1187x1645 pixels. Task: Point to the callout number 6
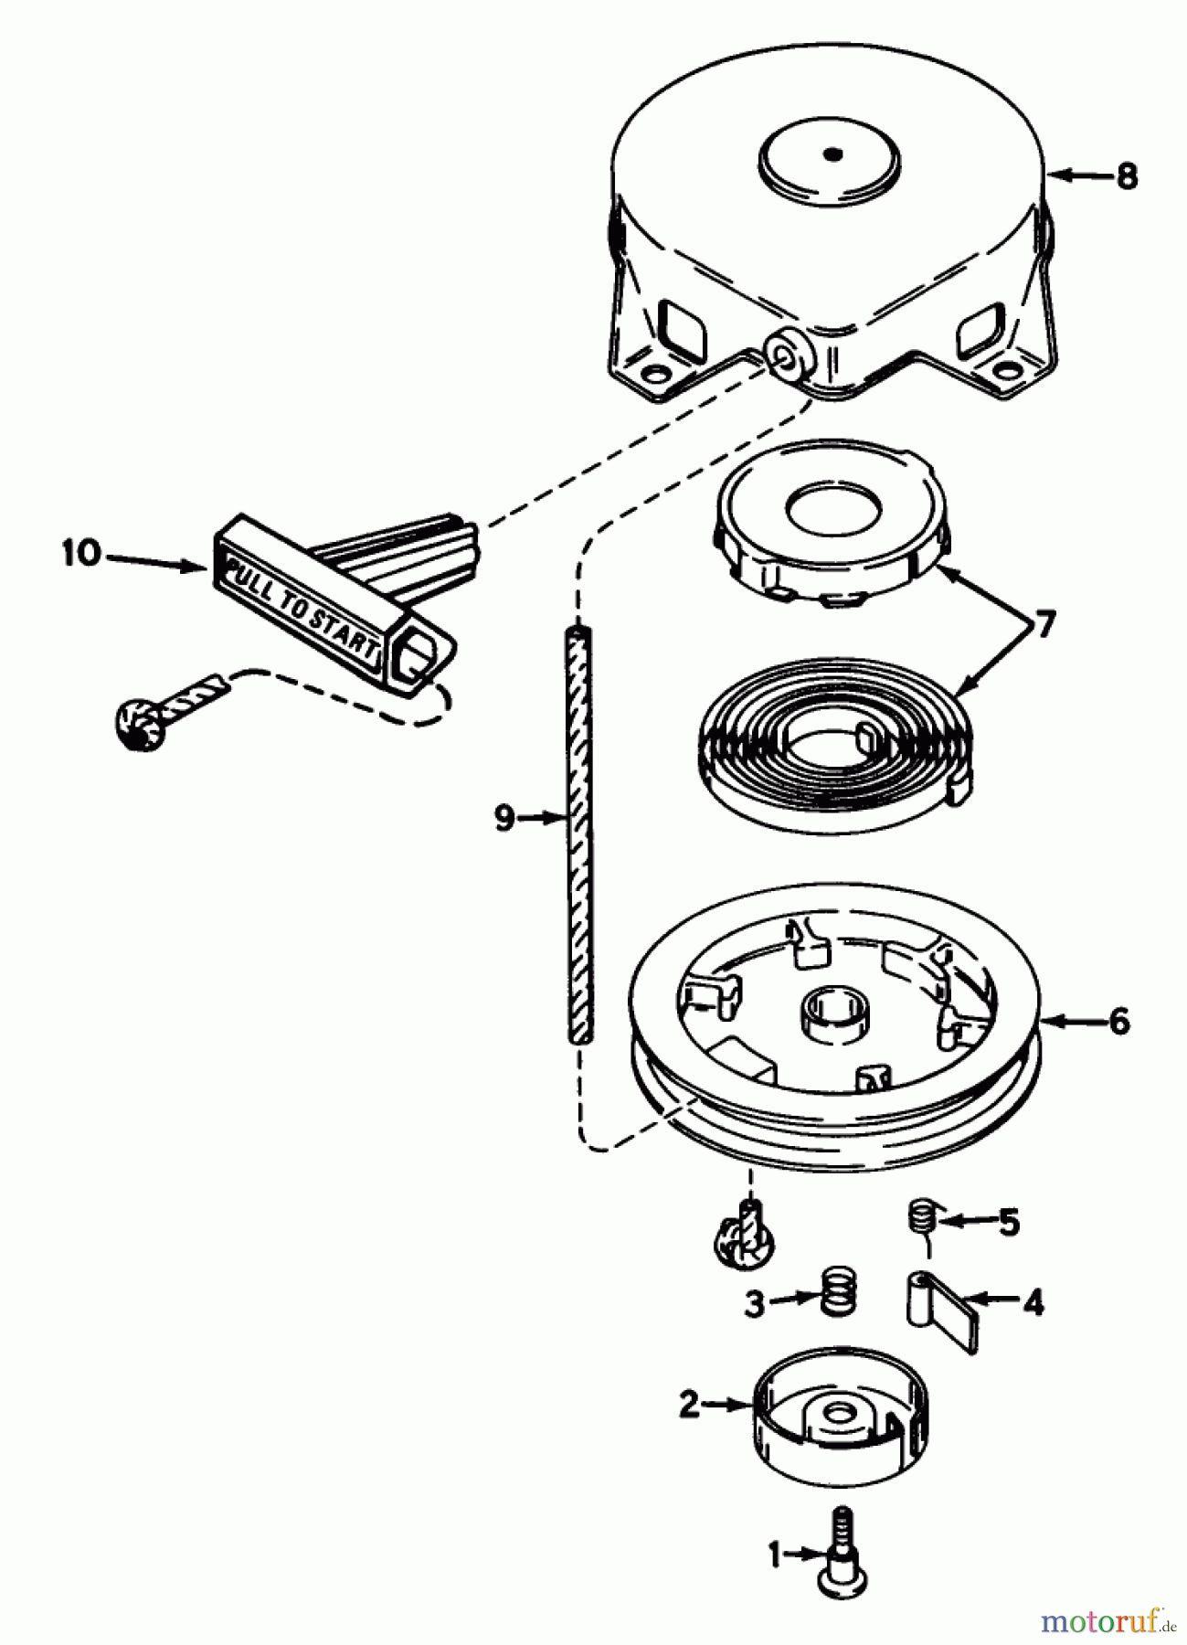1119,1021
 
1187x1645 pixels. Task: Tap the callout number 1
775,1554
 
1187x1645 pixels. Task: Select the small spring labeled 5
922,1218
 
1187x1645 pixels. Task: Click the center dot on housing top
830,154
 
